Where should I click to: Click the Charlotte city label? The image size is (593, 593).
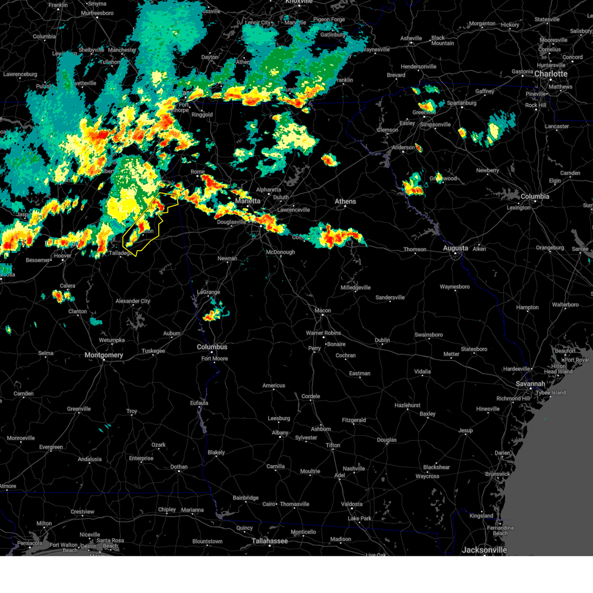pyautogui.click(x=551, y=74)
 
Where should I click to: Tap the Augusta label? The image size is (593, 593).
pyautogui.click(x=455, y=248)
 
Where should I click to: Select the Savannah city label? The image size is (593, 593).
pyautogui.click(x=530, y=384)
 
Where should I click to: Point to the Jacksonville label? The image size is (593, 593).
pyautogui.click(x=484, y=550)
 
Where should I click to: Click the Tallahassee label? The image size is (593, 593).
pyautogui.click(x=269, y=541)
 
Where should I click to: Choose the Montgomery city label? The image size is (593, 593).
pyautogui.click(x=104, y=355)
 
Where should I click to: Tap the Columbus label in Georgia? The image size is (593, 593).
pyautogui.click(x=212, y=347)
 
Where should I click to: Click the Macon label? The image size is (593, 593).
pyautogui.click(x=323, y=311)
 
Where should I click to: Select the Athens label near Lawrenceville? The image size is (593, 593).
pyautogui.click(x=345, y=202)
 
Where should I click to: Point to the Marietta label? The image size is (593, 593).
pyautogui.click(x=248, y=201)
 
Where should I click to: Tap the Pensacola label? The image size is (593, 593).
pyautogui.click(x=30, y=544)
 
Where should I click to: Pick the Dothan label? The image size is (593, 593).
pyautogui.click(x=179, y=467)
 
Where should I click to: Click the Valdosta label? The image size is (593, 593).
pyautogui.click(x=351, y=504)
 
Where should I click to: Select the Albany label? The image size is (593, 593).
pyautogui.click(x=280, y=433)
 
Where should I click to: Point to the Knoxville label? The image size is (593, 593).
pyautogui.click(x=298, y=2)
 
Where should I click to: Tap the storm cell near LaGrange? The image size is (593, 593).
pyautogui.click(x=213, y=314)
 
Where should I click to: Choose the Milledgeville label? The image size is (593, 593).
pyautogui.click(x=355, y=288)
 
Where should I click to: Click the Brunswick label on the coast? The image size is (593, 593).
pyautogui.click(x=497, y=474)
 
